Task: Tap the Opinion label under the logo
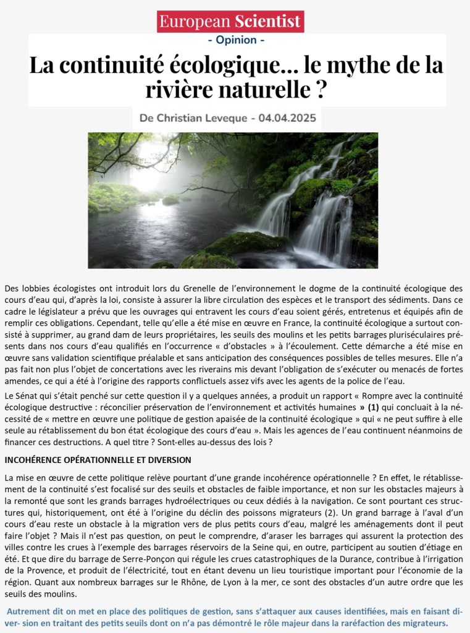[x=236, y=40]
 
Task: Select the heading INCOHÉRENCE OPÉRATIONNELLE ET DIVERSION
[x=98, y=460]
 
